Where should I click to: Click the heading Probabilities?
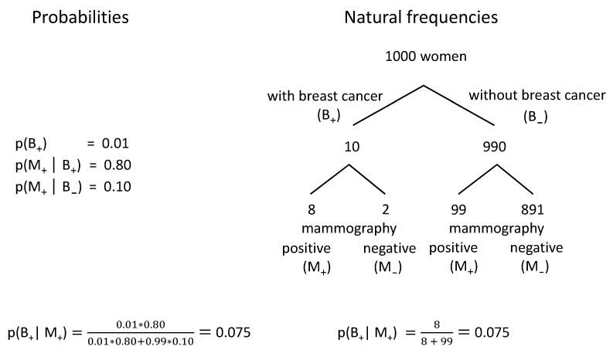point(80,18)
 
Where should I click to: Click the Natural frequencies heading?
point(421,18)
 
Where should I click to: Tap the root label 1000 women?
point(426,56)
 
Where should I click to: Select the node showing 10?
point(352,147)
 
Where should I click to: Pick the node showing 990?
point(495,147)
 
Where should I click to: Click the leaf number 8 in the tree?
point(312,210)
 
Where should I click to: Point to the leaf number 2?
point(386,210)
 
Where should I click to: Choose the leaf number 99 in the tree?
point(458,210)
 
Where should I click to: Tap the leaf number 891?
point(533,210)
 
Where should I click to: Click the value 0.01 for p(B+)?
point(115,144)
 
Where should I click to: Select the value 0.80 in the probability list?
point(117,165)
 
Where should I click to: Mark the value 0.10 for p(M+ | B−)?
point(117,186)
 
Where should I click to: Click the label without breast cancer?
point(537,95)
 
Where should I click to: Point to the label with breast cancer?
point(325,96)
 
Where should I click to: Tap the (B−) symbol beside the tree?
point(536,117)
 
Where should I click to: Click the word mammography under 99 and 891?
point(496,228)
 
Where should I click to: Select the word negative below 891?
point(536,248)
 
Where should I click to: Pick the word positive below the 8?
point(306,249)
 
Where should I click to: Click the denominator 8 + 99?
point(437,341)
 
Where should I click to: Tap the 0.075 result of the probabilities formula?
point(233,333)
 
